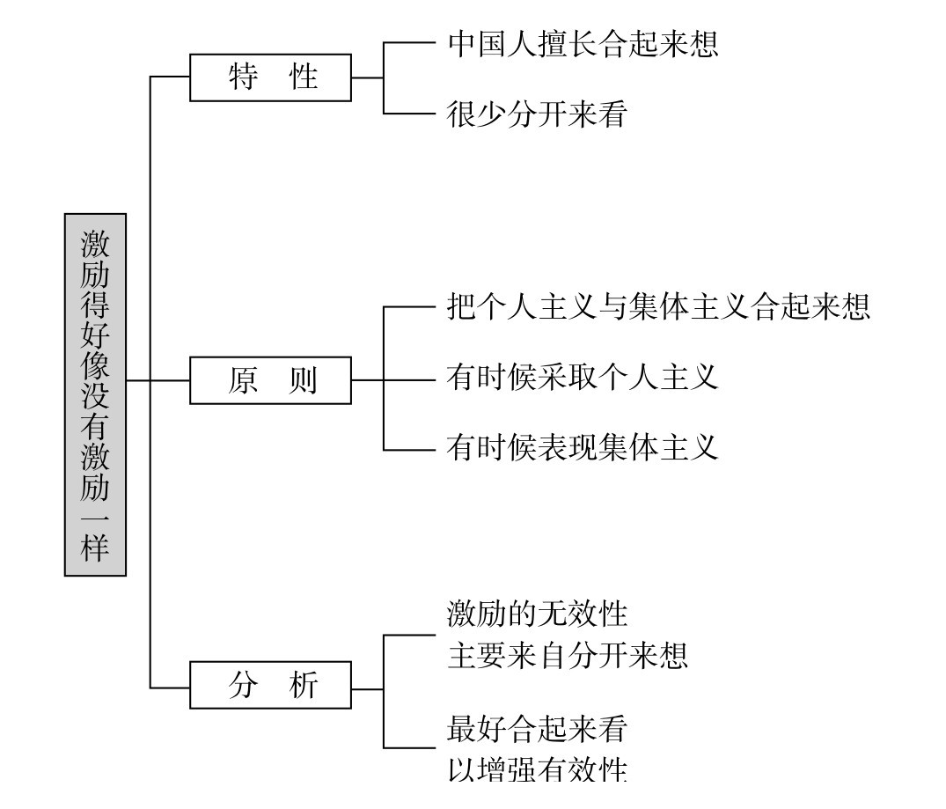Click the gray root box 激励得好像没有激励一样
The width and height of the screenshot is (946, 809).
95,394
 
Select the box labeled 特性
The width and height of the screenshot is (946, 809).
270,77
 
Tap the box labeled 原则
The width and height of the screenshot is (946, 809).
270,380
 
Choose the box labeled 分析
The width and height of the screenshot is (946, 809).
270,685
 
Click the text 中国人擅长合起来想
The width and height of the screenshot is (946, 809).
583,43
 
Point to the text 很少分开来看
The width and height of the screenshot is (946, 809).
536,114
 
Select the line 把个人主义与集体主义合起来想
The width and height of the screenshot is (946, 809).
658,306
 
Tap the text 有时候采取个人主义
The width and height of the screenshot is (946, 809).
583,378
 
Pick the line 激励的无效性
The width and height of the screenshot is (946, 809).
537,613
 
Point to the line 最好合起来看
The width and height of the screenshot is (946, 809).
537,729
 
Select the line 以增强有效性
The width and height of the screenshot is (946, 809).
537,769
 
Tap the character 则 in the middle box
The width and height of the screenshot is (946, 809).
302,380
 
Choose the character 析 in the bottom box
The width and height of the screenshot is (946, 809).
302,685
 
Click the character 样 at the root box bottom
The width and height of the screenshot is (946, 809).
95,548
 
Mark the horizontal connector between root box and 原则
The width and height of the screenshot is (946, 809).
158,380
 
